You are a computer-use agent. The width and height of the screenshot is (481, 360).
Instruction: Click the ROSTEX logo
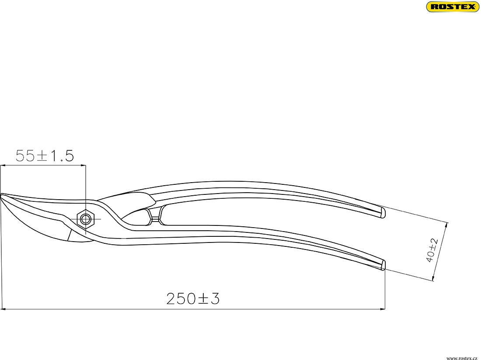(452, 7)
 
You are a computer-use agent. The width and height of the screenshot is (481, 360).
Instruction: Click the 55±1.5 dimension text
(45, 156)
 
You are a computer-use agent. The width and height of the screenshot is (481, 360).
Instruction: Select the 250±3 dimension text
(192, 299)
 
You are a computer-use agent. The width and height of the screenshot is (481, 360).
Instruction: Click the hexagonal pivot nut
(86, 218)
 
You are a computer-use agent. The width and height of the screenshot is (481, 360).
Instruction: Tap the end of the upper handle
(383, 213)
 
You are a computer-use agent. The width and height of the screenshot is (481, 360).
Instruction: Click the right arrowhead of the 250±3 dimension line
(383, 309)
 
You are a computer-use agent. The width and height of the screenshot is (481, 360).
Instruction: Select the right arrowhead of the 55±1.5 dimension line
(84, 166)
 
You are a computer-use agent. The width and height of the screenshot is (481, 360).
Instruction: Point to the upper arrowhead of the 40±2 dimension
(447, 224)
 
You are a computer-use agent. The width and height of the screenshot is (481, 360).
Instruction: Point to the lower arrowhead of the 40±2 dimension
(433, 279)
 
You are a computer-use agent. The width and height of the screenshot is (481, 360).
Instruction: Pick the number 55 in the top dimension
(25, 156)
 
